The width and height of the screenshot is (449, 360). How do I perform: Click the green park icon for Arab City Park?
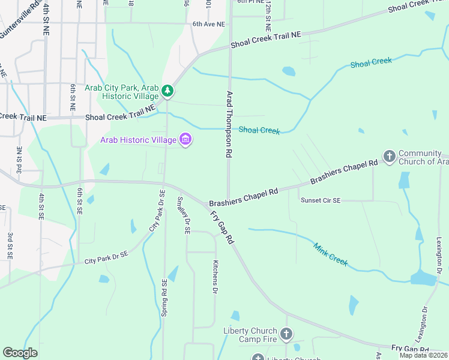click(x=168, y=91)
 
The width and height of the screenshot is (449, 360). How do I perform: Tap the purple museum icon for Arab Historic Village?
click(x=185, y=140)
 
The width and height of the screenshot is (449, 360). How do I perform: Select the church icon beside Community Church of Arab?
click(x=389, y=157)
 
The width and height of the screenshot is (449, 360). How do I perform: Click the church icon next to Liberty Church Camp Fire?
click(x=286, y=334)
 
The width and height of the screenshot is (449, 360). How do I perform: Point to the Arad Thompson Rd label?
click(x=229, y=124)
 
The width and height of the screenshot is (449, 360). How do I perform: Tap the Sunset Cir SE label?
click(x=321, y=200)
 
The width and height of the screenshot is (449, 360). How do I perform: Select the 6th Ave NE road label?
click(x=208, y=25)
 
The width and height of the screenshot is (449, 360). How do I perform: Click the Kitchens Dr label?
click(x=215, y=277)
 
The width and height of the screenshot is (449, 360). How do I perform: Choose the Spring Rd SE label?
click(x=164, y=298)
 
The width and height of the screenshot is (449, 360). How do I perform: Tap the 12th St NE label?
click(x=268, y=16)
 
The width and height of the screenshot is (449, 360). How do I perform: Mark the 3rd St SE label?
click(x=10, y=246)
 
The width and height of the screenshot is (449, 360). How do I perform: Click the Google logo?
click(x=20, y=353)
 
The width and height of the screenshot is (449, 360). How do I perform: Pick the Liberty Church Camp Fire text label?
click(x=250, y=335)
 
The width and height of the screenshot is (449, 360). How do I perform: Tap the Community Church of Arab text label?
click(x=423, y=157)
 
